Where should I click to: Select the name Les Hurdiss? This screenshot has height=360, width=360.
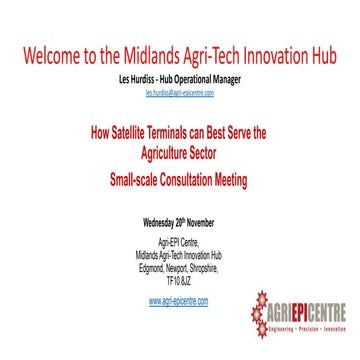point(140,77)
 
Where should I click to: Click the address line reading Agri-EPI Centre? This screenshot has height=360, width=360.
point(180,241)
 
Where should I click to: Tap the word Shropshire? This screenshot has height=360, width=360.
point(211,264)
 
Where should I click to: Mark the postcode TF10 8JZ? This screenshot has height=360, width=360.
point(180,275)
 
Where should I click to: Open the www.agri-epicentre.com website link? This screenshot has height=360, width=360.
point(180,299)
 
